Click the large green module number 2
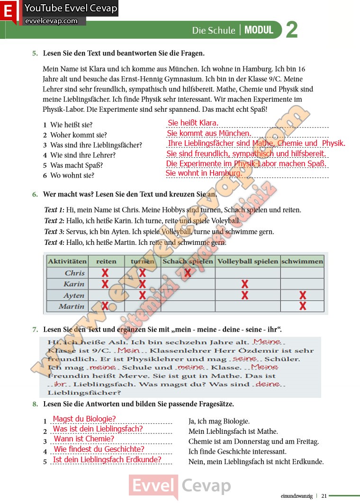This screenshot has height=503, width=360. [x=292, y=29]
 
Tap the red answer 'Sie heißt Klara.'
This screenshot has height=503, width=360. [x=193, y=123]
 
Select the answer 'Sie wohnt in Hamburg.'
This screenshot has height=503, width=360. [x=204, y=173]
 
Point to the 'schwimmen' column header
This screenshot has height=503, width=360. [x=302, y=261]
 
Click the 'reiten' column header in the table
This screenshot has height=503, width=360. [x=106, y=261]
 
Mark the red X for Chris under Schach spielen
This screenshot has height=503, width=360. [x=188, y=273]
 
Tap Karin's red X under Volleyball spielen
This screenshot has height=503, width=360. [x=245, y=284]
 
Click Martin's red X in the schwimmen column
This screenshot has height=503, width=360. [x=303, y=306]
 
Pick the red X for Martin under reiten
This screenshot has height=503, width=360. [x=105, y=306]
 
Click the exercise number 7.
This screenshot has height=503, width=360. [x=35, y=329]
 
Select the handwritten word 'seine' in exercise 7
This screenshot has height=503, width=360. [x=245, y=359]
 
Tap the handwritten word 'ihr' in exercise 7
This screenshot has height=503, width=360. [x=60, y=384]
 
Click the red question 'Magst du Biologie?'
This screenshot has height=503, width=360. [x=84, y=419]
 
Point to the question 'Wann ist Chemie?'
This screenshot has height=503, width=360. [x=84, y=439]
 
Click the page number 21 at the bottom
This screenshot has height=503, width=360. [x=324, y=496]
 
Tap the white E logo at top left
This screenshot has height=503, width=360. [x=9, y=12]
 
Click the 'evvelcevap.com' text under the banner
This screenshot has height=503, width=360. [x=51, y=21]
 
